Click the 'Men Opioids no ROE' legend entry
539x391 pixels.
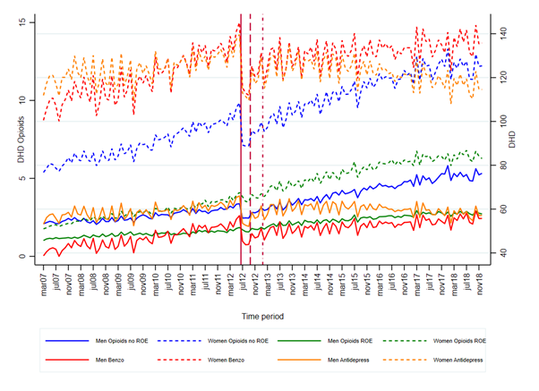coord(97,341)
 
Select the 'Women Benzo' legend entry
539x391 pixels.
coord(201,360)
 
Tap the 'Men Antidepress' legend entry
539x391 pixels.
coord(323,360)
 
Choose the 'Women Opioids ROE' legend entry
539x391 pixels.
coord(434,341)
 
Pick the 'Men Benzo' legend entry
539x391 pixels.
coord(84,360)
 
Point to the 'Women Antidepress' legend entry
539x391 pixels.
coord(432,360)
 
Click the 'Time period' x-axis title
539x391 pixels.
coord(262,317)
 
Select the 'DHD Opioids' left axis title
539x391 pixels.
coord(21,140)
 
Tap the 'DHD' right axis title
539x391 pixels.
coord(512,140)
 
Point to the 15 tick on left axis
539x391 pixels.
coord(22,22)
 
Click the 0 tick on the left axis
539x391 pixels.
coord(22,256)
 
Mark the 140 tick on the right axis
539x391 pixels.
coord(504,34)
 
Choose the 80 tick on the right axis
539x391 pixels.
coord(504,166)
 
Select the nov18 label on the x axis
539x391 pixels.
coord(479,283)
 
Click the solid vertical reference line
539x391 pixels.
coord(241,140)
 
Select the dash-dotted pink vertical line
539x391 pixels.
coord(263,140)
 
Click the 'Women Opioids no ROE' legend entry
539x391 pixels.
coord(213,341)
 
